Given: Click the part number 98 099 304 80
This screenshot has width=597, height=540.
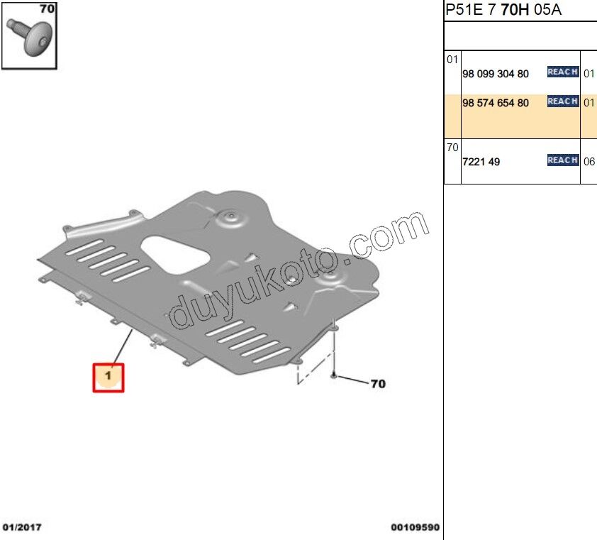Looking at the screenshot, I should pos(495,74).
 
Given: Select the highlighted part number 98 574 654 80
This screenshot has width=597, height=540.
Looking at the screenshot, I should pos(495,103).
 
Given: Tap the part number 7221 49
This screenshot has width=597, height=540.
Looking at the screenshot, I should pos(481,162).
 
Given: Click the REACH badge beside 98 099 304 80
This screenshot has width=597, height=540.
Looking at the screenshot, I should pos(562,72).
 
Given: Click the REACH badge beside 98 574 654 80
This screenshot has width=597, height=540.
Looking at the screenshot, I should pos(562,101).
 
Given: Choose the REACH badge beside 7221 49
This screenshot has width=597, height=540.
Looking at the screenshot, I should pos(562,160).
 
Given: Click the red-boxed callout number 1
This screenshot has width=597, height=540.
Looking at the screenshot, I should pos(108,377).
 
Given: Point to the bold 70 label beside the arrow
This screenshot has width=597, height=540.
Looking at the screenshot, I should pos(378,384).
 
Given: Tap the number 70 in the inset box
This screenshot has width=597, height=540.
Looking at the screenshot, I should pos(47,10).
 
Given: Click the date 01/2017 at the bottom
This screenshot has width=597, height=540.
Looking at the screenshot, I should pos(23,528).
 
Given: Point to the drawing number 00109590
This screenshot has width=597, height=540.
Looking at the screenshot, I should pos(415,528).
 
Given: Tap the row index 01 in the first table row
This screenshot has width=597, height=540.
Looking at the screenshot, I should pos(452,59).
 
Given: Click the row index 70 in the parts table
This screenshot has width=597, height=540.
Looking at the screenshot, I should pos(452,148).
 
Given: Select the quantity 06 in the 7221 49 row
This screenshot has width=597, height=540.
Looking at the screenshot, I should pos(588,162).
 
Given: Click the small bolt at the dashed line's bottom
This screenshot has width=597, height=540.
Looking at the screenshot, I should pos(333,374).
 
